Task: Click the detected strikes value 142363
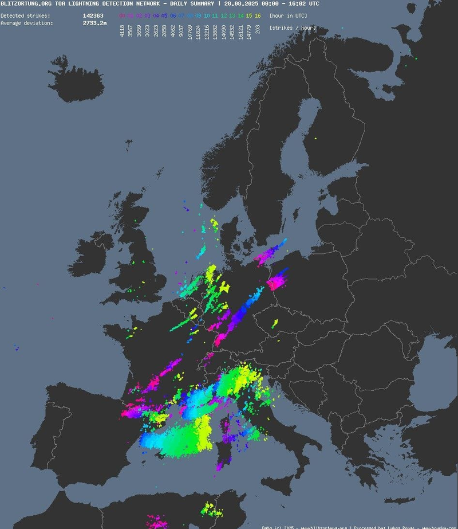coord(93,15)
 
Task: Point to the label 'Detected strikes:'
coord(25,15)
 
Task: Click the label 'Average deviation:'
coord(27,23)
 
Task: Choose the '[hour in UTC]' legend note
coord(288,15)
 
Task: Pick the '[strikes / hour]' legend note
coord(292,28)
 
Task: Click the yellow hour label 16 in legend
coord(258,15)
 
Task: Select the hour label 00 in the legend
coord(122,15)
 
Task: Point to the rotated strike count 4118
coord(122,31)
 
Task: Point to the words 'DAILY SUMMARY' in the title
coord(188,3)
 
